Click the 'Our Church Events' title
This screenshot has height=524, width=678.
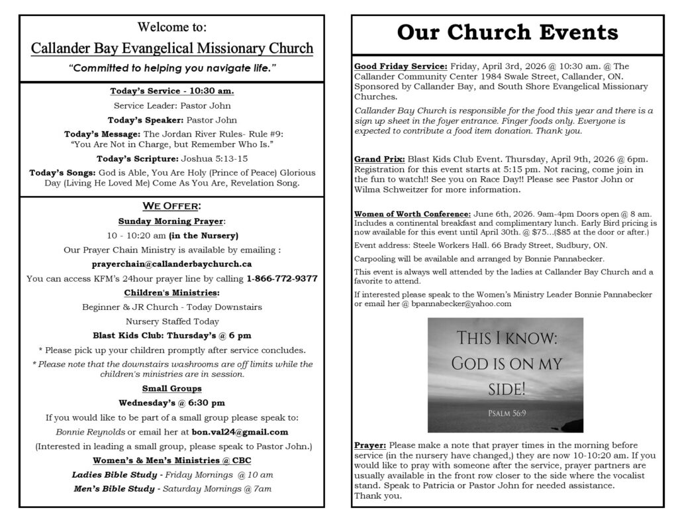[x=508, y=32]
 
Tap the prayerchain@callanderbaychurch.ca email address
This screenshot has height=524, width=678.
[x=171, y=264]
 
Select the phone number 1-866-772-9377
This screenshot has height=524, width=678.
[x=281, y=279]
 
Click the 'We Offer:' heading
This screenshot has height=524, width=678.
[x=171, y=207]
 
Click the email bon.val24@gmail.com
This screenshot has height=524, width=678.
[x=240, y=432]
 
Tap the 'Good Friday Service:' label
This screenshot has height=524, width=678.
[x=401, y=66]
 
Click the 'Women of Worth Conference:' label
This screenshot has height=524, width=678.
[x=412, y=214]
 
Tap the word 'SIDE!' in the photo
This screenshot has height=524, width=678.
[x=505, y=388]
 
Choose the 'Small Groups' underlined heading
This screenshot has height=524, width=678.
[x=171, y=388]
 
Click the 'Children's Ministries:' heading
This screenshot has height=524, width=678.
[x=171, y=293]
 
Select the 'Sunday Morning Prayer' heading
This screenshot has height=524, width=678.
[x=171, y=221]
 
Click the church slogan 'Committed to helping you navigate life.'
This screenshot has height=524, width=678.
[x=171, y=69]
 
